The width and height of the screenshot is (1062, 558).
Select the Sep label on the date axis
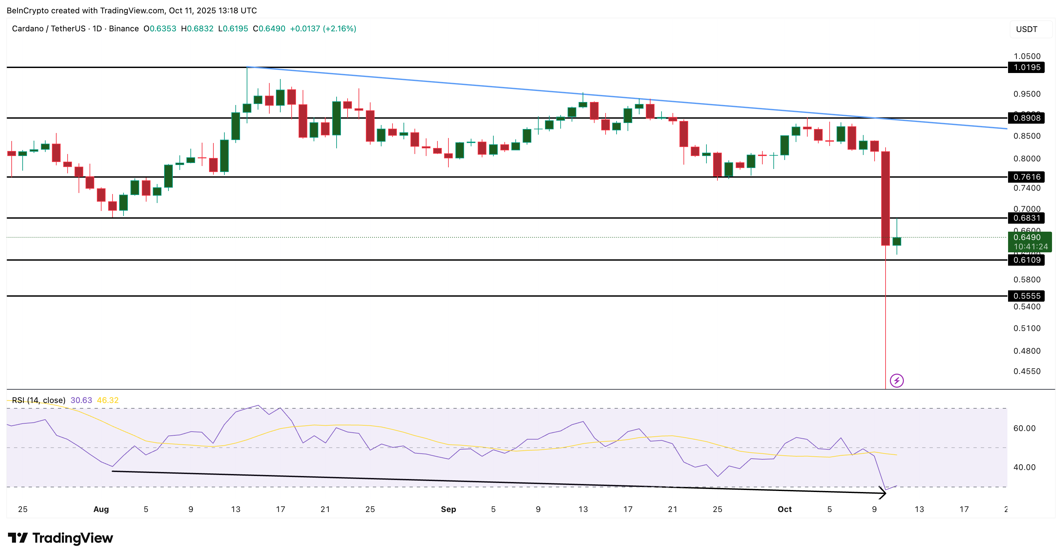[x=448, y=509]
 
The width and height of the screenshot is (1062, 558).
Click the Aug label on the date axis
[x=101, y=509]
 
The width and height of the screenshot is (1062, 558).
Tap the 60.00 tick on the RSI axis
[x=1024, y=428]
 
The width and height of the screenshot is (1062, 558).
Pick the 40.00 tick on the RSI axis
[x=1024, y=467]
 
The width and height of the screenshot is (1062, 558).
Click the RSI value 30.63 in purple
[x=81, y=400]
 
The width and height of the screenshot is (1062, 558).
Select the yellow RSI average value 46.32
[x=108, y=400]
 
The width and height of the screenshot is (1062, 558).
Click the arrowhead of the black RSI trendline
[x=884, y=493]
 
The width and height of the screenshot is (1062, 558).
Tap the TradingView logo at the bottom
[x=61, y=538]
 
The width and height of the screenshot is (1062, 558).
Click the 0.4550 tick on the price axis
[x=1027, y=371]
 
